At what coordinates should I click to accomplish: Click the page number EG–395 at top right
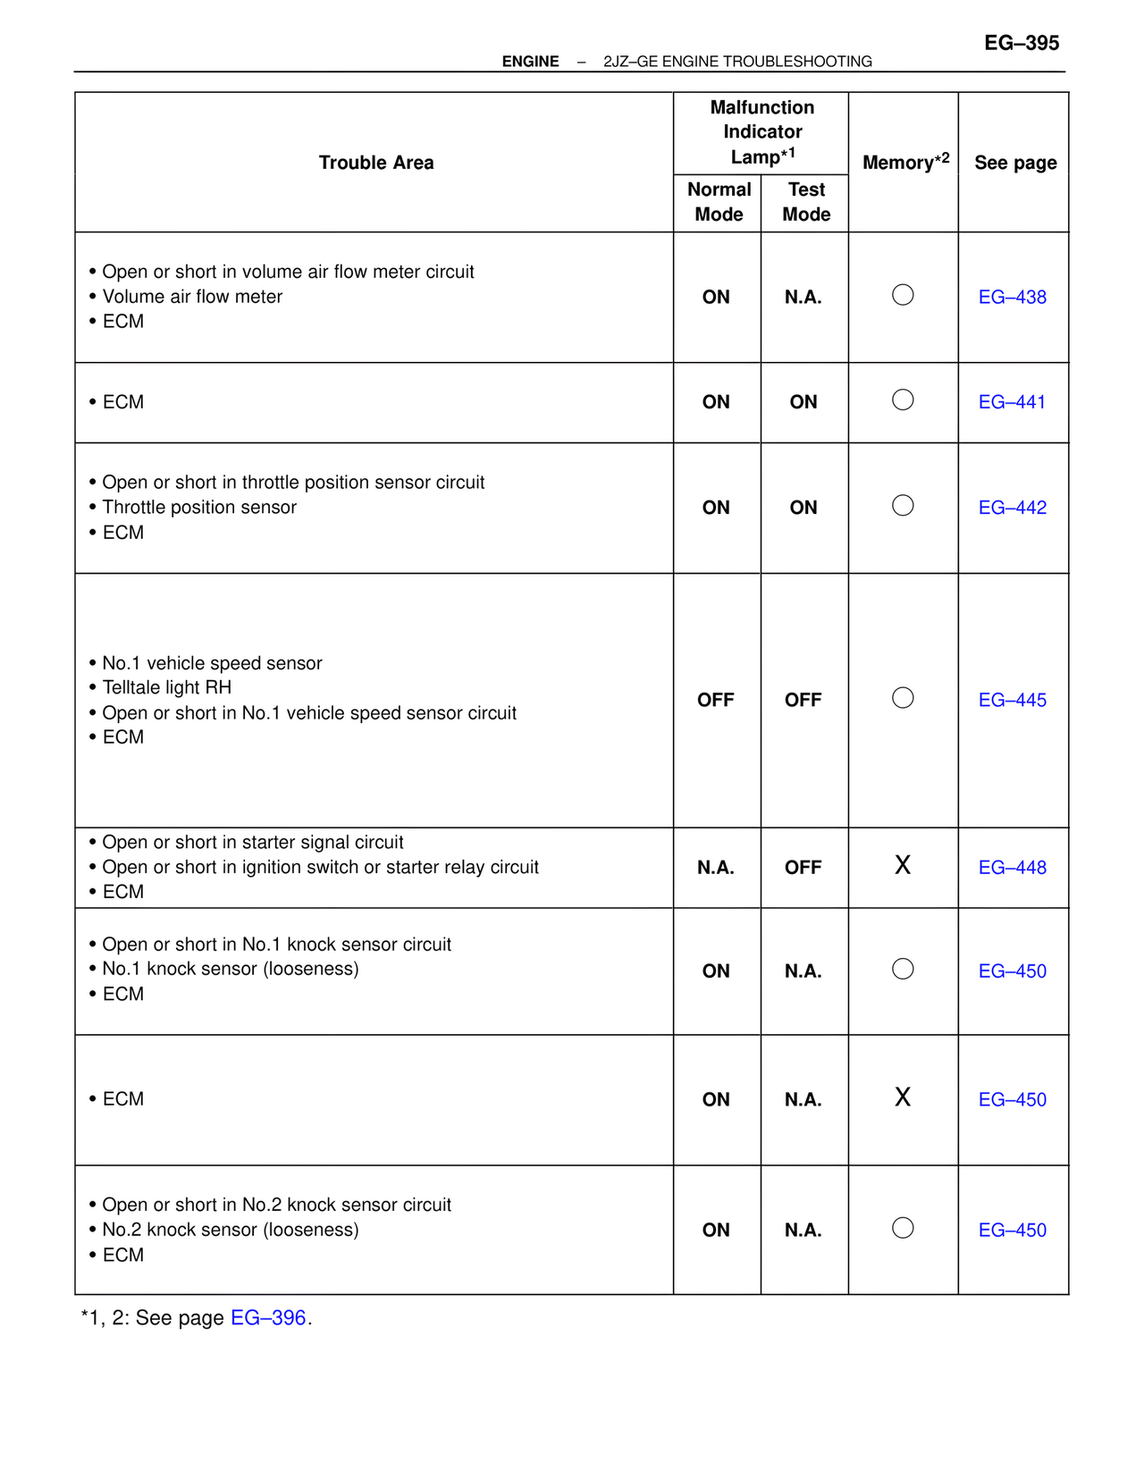tap(1022, 43)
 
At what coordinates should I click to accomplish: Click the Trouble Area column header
tap(376, 163)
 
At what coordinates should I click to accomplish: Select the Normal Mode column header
tap(719, 202)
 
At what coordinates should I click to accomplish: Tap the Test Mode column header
tap(806, 202)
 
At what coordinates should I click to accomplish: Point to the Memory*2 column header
tap(904, 162)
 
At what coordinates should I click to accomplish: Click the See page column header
tap(1015, 163)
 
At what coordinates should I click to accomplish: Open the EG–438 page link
tap(1012, 298)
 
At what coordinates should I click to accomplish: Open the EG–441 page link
tap(1012, 402)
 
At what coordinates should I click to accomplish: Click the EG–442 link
tap(1012, 508)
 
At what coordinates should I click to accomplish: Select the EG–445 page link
tap(1012, 701)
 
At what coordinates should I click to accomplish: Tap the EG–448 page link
tap(1012, 868)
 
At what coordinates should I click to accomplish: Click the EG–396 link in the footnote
tap(268, 1318)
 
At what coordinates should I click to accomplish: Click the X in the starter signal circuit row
tap(903, 865)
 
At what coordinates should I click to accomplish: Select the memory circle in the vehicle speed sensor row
tap(903, 698)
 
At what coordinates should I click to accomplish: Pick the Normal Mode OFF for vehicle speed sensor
tap(716, 701)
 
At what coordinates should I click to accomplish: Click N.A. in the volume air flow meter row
tap(803, 298)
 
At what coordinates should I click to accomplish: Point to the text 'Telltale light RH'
tap(166, 687)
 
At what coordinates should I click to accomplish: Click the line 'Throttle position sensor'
tap(199, 508)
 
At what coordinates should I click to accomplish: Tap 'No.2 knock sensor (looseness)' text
tap(231, 1230)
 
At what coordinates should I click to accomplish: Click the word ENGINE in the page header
tap(530, 62)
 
